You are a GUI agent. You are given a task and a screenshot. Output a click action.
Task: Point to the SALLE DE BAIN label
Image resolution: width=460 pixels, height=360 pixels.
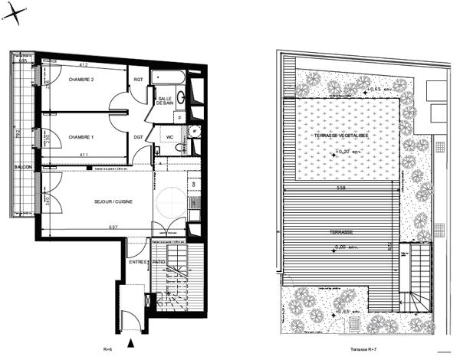click(x=165, y=105)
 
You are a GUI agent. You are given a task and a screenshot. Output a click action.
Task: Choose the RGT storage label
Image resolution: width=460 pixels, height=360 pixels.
click(x=138, y=80)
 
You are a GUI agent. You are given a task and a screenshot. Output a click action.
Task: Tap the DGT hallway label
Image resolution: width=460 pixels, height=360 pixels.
click(x=139, y=137)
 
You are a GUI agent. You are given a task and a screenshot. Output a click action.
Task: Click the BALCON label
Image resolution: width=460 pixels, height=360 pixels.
click(x=21, y=166)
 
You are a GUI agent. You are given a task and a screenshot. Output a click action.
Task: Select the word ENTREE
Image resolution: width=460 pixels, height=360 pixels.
click(x=138, y=262)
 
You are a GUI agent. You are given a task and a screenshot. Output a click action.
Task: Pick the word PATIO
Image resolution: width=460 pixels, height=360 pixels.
click(x=159, y=262)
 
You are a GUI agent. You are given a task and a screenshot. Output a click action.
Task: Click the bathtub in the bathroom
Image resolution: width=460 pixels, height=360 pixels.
click(x=165, y=78)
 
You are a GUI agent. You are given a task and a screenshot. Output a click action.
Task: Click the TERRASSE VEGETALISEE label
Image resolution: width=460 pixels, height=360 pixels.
click(x=340, y=136)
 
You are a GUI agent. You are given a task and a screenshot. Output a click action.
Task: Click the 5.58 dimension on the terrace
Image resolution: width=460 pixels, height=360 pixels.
click(x=340, y=187)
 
